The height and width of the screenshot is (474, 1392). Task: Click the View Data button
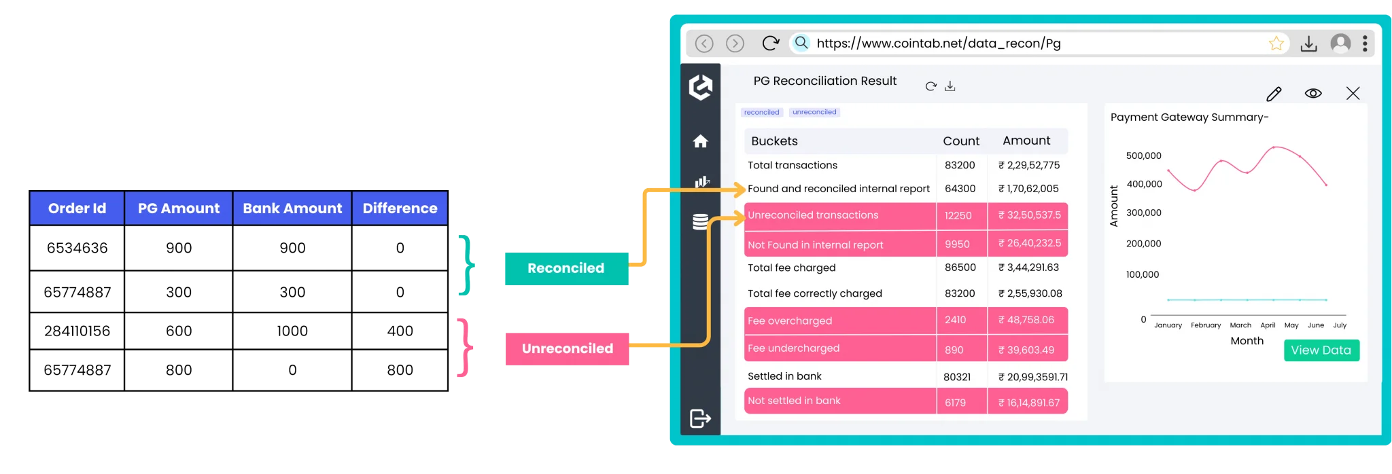1321,350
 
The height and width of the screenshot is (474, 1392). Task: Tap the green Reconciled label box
565,268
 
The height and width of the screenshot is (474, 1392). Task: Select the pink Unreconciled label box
567,349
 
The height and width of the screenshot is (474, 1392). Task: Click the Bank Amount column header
292,208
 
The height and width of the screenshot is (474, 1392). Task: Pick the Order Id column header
77,208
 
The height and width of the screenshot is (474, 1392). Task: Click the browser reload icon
770,43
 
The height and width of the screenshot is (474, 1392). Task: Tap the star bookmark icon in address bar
1276,43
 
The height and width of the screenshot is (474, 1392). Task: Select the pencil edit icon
1274,94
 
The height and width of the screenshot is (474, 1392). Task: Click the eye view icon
1313,94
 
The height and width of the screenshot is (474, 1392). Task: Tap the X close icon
1353,94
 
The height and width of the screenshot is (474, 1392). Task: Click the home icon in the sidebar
701,141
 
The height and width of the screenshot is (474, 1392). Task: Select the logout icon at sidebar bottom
700,418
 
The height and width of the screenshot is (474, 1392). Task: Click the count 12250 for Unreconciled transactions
958,216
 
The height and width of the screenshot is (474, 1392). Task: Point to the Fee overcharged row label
790,321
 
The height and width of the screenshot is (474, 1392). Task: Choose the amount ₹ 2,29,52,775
1028,165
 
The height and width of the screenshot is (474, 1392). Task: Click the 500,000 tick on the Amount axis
1143,156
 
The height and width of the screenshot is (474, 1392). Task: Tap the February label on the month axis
1206,325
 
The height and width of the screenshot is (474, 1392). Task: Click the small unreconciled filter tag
814,112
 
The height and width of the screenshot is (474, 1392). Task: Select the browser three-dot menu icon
1365,43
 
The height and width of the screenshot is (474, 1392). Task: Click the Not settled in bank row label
794,401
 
